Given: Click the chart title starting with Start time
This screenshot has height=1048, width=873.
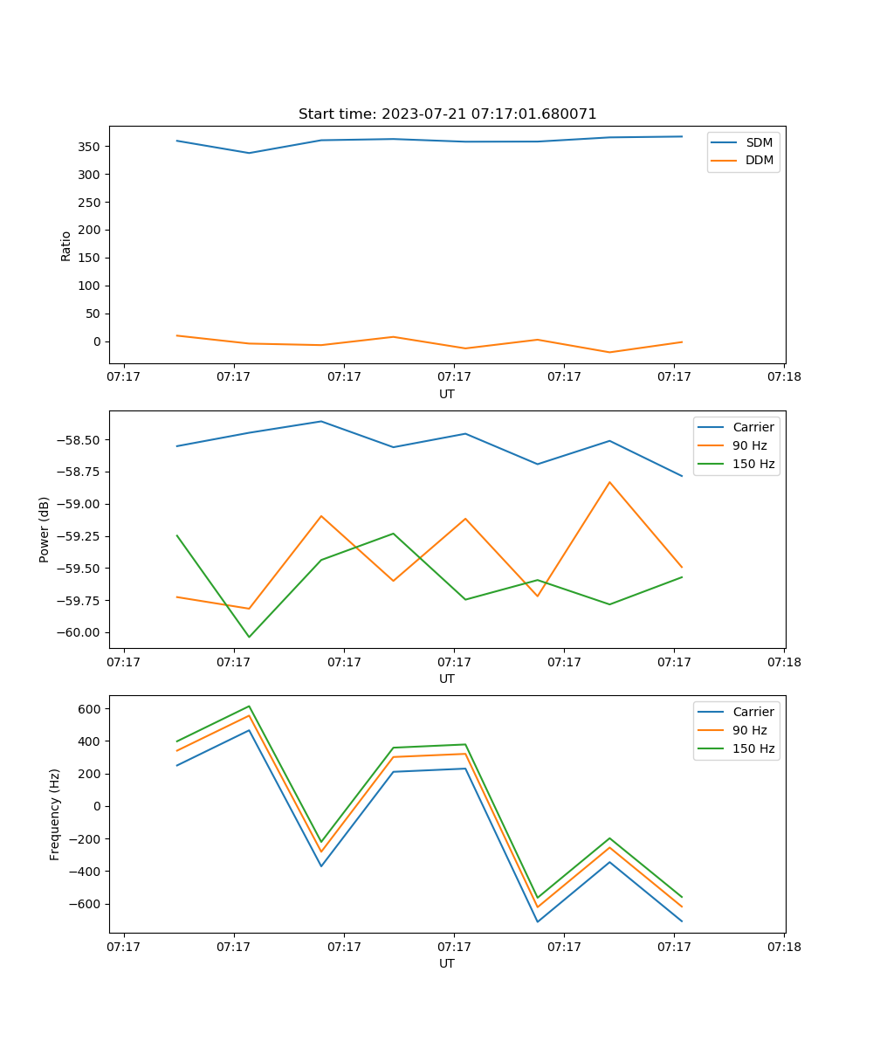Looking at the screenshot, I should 447,114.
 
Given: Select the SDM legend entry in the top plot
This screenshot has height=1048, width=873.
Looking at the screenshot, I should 759,141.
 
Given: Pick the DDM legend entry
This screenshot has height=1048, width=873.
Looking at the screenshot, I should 759,160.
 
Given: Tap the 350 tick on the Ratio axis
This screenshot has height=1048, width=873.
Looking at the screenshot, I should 90,147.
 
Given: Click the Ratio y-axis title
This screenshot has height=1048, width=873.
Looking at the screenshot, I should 66,246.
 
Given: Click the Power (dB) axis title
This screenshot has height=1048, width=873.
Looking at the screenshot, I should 45,529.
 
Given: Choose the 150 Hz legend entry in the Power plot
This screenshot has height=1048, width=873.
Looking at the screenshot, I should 753,464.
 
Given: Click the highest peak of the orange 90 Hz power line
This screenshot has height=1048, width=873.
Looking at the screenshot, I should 609,482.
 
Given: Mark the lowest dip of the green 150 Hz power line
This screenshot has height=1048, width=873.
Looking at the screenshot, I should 249,637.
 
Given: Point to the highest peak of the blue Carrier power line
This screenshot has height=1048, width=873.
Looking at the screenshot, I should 321,421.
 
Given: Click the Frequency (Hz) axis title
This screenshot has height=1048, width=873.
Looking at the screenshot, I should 55,814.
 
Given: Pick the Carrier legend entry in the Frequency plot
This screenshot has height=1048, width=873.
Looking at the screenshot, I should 753,712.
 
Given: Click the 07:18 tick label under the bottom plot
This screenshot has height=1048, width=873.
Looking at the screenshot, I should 784,947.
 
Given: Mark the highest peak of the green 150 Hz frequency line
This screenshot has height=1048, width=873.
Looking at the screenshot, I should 249,706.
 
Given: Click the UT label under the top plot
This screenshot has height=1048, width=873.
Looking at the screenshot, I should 447,394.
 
